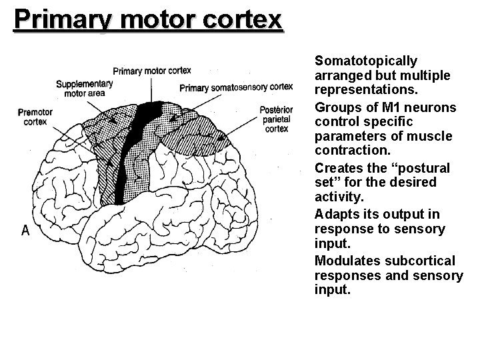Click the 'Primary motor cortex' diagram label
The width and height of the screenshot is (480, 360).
(x=152, y=70)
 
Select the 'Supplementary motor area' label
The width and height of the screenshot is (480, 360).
(x=85, y=89)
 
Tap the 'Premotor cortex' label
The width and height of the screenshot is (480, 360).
(x=35, y=117)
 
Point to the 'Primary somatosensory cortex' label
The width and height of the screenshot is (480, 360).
(x=236, y=87)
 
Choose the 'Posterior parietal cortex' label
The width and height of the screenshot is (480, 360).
(x=276, y=119)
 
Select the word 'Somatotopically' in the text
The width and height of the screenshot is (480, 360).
(x=365, y=61)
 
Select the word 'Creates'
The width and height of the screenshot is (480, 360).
(x=338, y=167)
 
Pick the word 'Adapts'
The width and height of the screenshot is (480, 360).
(x=335, y=214)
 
